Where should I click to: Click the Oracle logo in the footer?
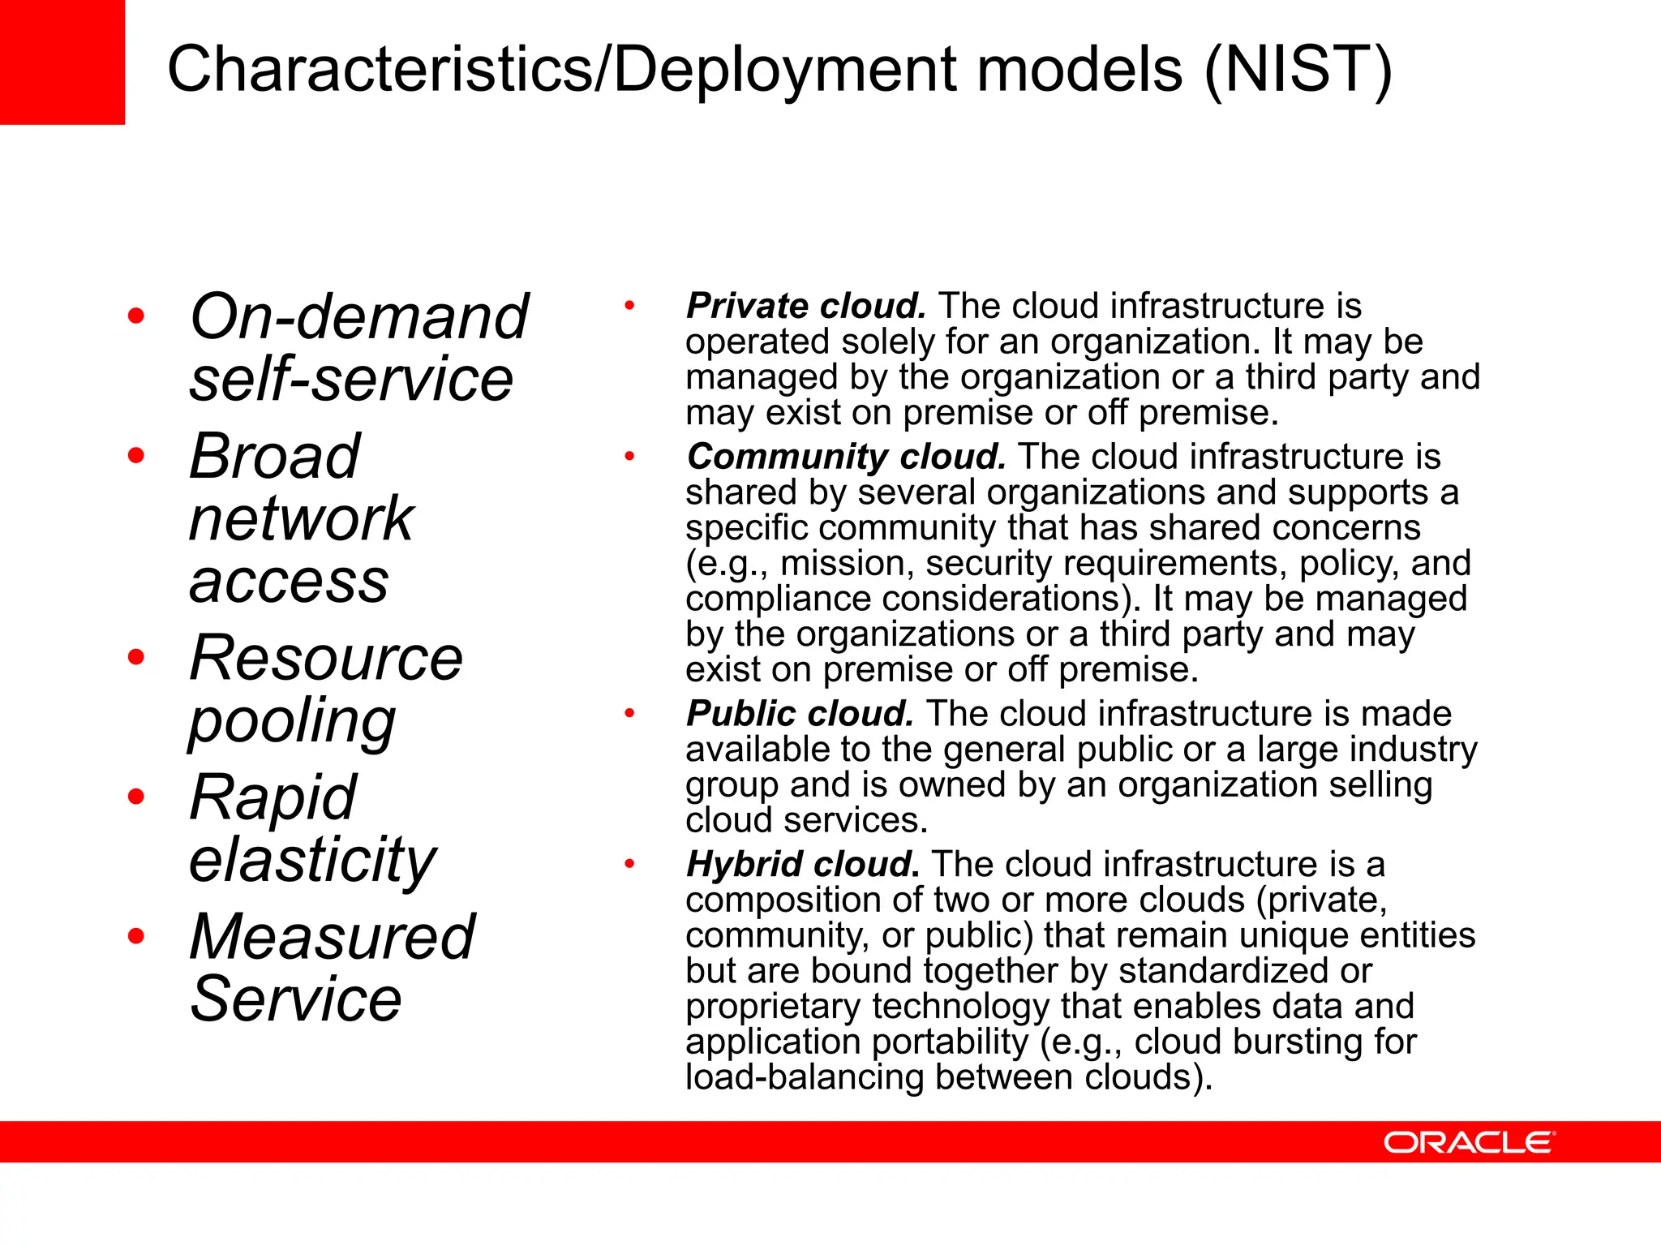(1469, 1142)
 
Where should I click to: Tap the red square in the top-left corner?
(62, 62)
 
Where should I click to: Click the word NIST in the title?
(1298, 70)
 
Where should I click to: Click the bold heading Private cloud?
(805, 307)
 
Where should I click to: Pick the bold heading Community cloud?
(846, 457)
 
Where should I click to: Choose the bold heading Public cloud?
(800, 714)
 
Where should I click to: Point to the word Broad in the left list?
(274, 457)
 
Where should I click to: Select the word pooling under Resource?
(292, 720)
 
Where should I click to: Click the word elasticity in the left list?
(312, 860)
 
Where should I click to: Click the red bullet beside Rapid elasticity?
(136, 797)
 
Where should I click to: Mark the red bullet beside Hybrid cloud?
(629, 864)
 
